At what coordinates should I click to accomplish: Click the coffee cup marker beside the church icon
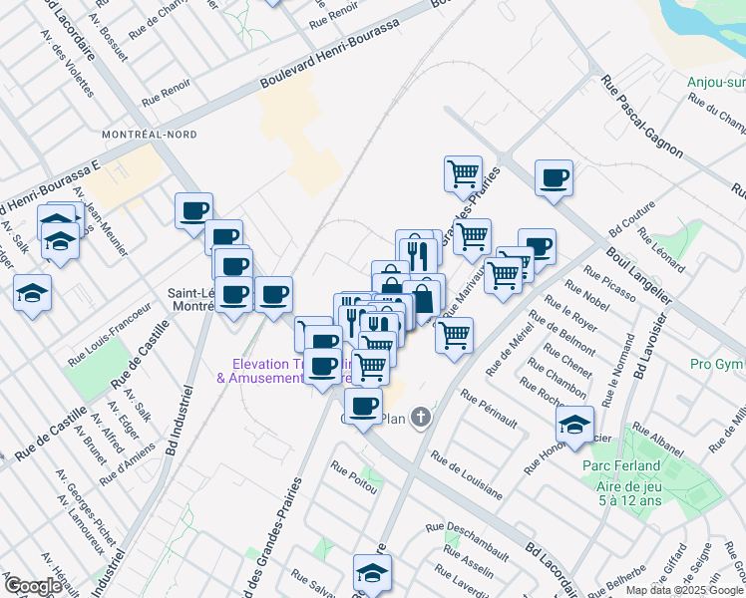(x=363, y=407)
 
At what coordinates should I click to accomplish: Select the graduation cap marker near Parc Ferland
(x=573, y=424)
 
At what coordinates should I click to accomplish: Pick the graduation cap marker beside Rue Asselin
(x=371, y=573)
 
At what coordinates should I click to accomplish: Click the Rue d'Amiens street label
(x=123, y=461)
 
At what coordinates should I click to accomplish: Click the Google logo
(x=33, y=585)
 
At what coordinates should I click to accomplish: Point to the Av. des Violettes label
(x=69, y=62)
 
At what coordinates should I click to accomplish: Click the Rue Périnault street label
(x=489, y=410)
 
